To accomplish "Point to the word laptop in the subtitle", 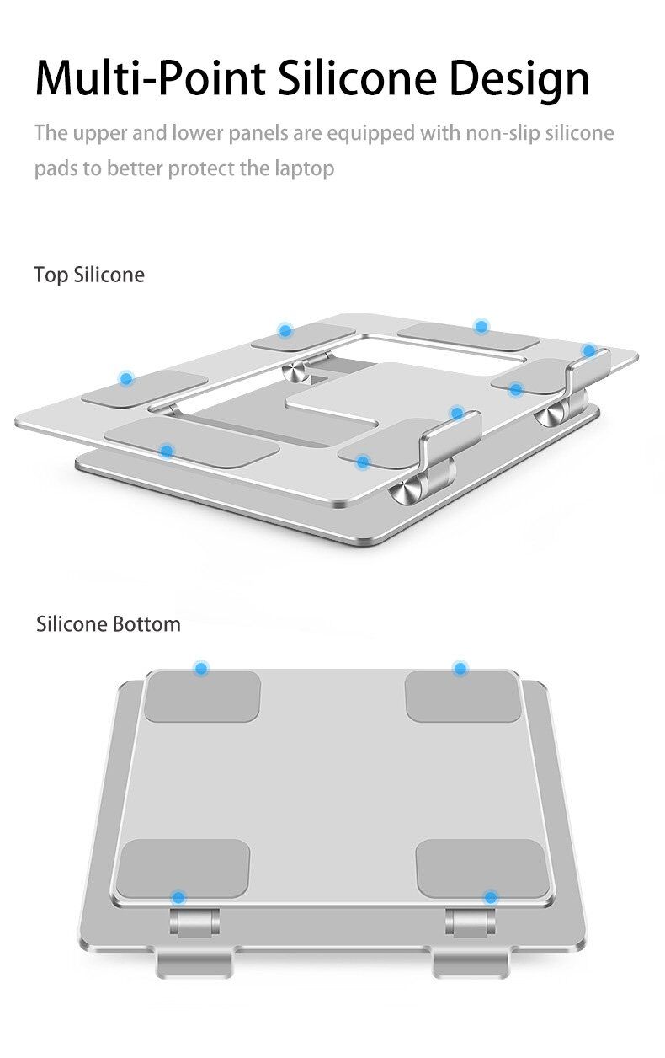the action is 305,169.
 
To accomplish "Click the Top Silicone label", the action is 89,275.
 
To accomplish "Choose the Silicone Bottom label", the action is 109,624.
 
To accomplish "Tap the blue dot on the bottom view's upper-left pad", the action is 201,668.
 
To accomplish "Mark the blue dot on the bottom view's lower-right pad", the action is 491,897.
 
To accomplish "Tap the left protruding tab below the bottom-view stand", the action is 194,962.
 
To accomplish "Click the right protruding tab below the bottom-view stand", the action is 471,962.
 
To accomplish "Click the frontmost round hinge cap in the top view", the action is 407,491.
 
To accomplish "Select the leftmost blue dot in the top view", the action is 126,378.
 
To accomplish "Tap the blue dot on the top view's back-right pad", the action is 481,326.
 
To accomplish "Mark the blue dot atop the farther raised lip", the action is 589,351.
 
